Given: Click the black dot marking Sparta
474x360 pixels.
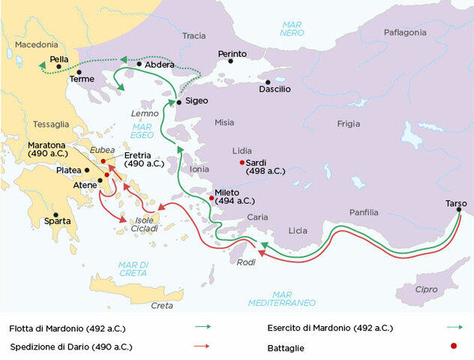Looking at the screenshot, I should pyautogui.click(x=55, y=214).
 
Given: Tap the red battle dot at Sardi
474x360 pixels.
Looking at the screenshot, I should pyautogui.click(x=241, y=162).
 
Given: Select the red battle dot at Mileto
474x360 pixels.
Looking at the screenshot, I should pyautogui.click(x=211, y=198).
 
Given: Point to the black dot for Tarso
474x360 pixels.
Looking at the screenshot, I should pyautogui.click(x=459, y=210).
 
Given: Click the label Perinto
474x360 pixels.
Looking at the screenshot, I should pyautogui.click(x=232, y=54).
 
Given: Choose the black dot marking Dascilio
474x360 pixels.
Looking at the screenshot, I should pyautogui.click(x=268, y=82).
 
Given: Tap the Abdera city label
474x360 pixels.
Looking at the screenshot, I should pyautogui.click(x=159, y=64).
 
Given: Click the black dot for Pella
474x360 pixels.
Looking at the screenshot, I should pyautogui.click(x=58, y=66).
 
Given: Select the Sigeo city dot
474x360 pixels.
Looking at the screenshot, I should pyautogui.click(x=178, y=102).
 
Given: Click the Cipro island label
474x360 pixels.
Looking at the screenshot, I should pyautogui.click(x=426, y=289).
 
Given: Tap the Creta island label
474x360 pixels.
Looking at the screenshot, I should pyautogui.click(x=162, y=305).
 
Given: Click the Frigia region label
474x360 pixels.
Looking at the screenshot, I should pyautogui.click(x=349, y=124).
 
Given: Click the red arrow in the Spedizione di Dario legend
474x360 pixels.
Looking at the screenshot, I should pyautogui.click(x=202, y=346).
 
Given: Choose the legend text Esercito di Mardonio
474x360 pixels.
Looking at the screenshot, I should pyautogui.click(x=329, y=328).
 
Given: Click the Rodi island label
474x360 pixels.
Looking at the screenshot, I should pyautogui.click(x=245, y=262).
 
